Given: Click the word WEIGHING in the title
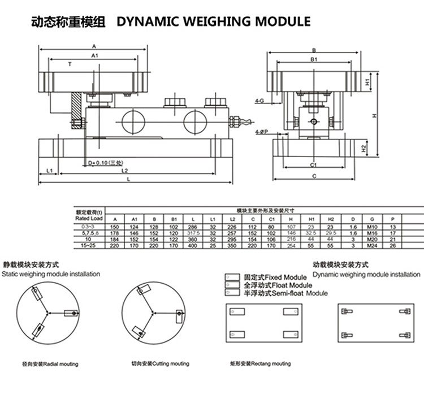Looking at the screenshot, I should tap(217, 21).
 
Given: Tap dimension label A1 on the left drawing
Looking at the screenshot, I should tap(94, 55).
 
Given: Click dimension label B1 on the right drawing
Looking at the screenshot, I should tap(313, 59).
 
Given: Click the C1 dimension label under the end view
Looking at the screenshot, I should tap(313, 164).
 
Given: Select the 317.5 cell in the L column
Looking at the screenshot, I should tap(194, 232).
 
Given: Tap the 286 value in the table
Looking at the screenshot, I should tap(194, 225).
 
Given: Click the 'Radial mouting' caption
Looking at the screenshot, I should tap(50, 364).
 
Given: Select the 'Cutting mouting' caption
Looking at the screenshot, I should tap(160, 363).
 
